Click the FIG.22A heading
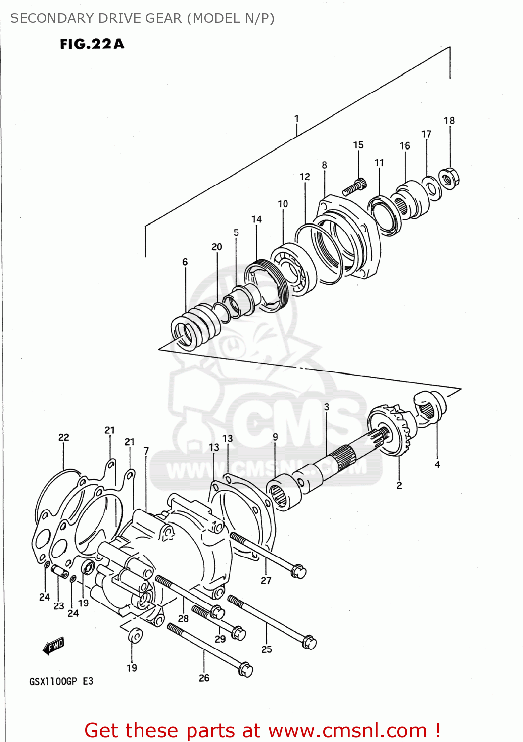(92, 44)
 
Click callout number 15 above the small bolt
(358, 145)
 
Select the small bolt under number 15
(354, 187)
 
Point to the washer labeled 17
(432, 188)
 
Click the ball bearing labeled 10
(293, 269)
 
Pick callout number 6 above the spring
(185, 262)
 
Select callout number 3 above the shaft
(327, 407)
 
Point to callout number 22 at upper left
(64, 437)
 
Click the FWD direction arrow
(53, 646)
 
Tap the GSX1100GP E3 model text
(61, 681)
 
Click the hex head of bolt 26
(245, 670)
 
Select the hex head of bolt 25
(309, 642)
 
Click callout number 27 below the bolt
(266, 580)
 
